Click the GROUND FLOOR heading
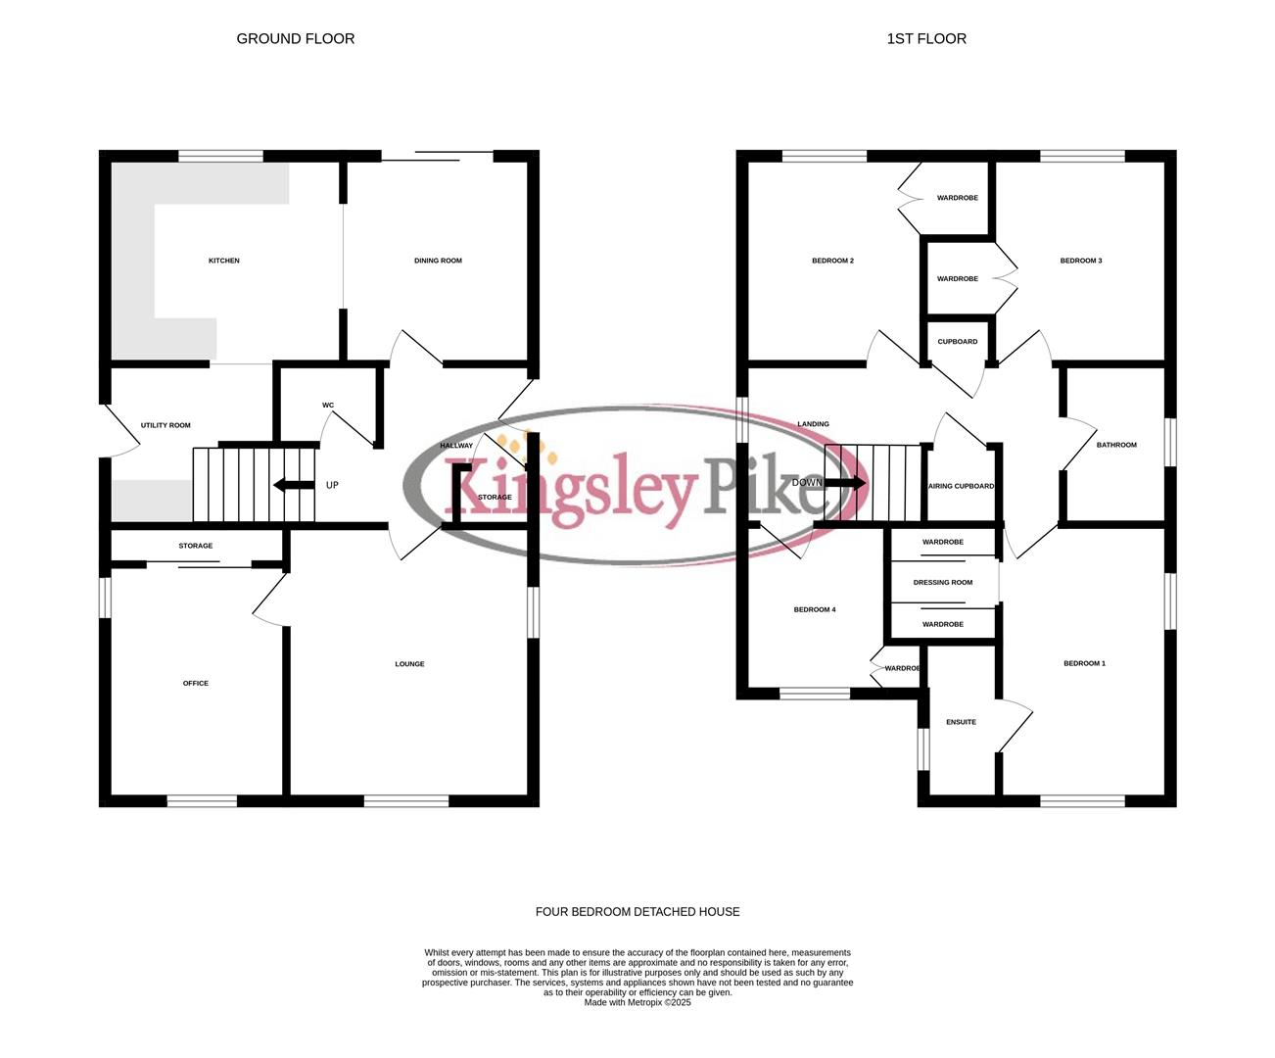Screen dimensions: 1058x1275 click(296, 39)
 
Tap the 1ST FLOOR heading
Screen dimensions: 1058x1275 click(926, 39)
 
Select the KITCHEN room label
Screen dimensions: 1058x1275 click(224, 261)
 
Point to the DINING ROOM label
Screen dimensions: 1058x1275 click(438, 261)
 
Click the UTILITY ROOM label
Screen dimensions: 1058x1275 click(165, 425)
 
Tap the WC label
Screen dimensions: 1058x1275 click(328, 406)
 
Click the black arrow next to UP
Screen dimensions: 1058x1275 click(292, 485)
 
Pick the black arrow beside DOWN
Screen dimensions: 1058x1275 click(847, 483)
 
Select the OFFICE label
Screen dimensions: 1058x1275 click(196, 683)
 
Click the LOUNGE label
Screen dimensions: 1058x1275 click(409, 664)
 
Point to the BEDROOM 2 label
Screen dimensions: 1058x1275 click(832, 261)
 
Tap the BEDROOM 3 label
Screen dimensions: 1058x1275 click(1081, 261)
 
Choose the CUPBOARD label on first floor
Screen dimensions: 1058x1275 click(957, 342)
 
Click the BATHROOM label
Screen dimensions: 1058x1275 click(1116, 445)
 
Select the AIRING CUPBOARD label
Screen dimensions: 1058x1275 click(962, 486)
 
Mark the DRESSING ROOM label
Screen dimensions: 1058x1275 click(943, 583)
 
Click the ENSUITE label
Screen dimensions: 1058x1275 click(961, 722)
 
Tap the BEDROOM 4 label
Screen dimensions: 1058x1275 click(814, 609)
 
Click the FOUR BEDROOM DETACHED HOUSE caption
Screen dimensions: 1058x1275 click(637, 912)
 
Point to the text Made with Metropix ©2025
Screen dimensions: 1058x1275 click(637, 1002)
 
